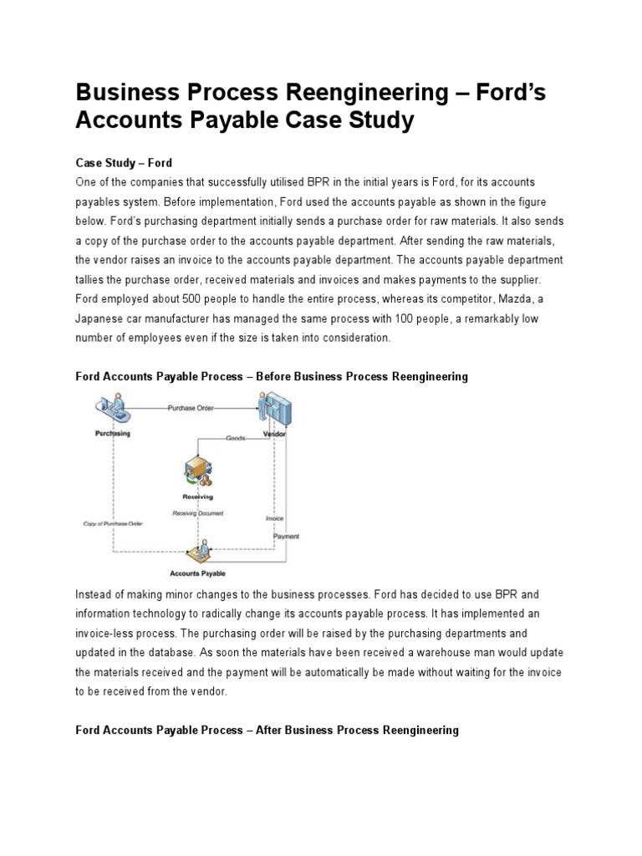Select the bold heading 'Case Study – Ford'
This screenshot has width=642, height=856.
click(x=124, y=162)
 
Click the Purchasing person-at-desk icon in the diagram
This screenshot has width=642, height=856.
click(x=115, y=410)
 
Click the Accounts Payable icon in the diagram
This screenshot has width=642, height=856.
click(x=197, y=551)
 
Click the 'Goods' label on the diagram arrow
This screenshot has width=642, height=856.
click(x=237, y=438)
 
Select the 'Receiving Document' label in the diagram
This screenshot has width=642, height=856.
click(x=197, y=512)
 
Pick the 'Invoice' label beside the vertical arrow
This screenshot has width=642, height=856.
click(x=274, y=518)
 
